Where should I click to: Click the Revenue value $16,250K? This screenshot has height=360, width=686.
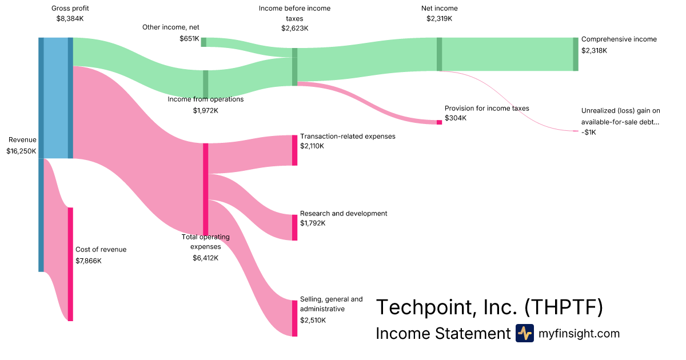(x=21, y=151)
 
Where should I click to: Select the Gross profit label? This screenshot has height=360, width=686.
(x=70, y=9)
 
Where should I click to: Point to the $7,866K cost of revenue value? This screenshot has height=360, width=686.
(x=89, y=261)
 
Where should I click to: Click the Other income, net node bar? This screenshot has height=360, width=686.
(x=204, y=42)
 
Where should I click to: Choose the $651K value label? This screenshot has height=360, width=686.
(x=189, y=39)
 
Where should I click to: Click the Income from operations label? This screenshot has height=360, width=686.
(x=205, y=99)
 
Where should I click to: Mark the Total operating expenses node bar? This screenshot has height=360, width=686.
(x=205, y=189)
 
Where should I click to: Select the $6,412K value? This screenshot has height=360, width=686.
(x=205, y=258)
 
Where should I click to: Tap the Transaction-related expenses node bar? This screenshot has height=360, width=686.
(x=295, y=150)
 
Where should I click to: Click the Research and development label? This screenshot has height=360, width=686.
(x=344, y=213)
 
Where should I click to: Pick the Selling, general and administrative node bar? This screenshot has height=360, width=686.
(x=295, y=318)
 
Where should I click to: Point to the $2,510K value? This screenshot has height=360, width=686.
(x=313, y=320)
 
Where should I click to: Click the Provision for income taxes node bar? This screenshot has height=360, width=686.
(x=439, y=122)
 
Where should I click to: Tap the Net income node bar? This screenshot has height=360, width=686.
(x=439, y=54)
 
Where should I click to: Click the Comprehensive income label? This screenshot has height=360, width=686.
(x=619, y=39)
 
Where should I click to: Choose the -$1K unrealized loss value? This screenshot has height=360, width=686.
(x=588, y=133)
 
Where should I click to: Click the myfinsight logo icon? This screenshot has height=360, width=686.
(x=524, y=333)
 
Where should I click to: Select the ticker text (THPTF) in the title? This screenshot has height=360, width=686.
(x=563, y=307)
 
